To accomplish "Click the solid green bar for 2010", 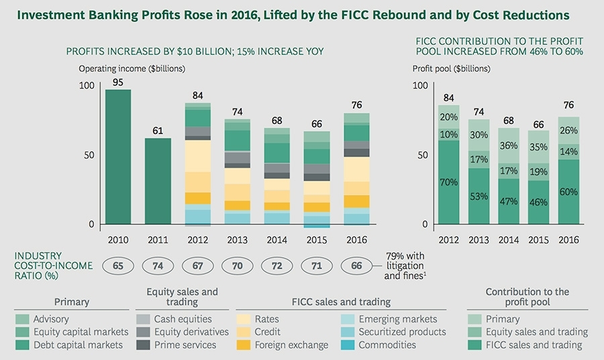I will pyautogui.click(x=118, y=157).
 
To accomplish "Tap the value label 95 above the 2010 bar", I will pyautogui.click(x=117, y=83).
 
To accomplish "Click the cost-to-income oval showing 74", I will pyautogui.click(x=158, y=266).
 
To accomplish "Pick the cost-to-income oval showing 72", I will pyautogui.click(x=276, y=266).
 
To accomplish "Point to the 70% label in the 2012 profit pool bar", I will pyautogui.click(x=449, y=182).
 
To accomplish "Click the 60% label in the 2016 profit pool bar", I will pyautogui.click(x=568, y=191).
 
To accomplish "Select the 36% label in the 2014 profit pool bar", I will pyautogui.click(x=508, y=146).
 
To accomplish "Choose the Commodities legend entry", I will pyautogui.click(x=387, y=345).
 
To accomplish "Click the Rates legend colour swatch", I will pyautogui.click(x=242, y=320).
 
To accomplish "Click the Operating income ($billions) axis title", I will pyautogui.click(x=132, y=69).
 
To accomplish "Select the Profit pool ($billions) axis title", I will pyautogui.click(x=451, y=69).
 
